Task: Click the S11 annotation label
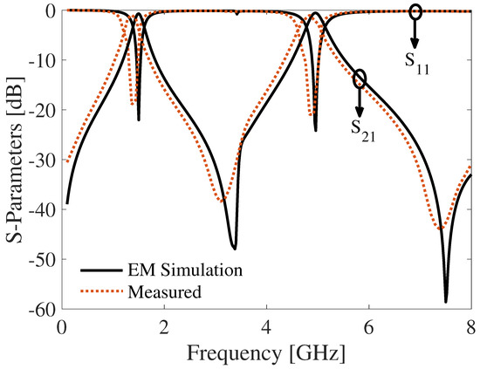click(415, 64)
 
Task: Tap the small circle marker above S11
click(415, 11)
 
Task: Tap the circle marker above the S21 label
click(360, 79)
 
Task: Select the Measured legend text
click(165, 291)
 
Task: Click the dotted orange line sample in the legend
click(99, 291)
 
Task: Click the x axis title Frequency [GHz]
click(266, 353)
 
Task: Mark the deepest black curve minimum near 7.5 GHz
click(446, 301)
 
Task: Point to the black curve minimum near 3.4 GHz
click(234, 248)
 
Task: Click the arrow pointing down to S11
click(415, 35)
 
